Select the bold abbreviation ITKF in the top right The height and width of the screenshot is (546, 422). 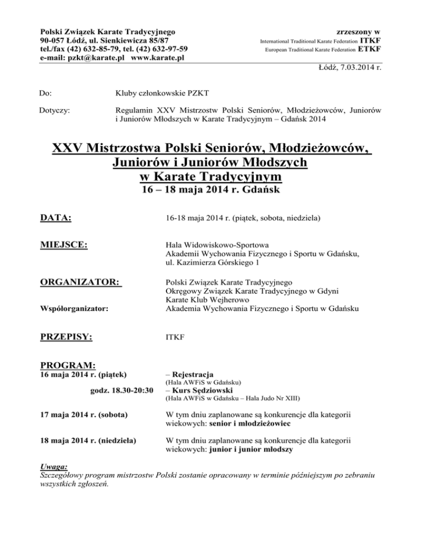coord(373,40)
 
